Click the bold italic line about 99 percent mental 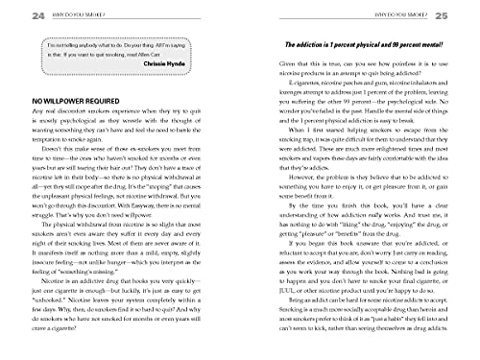pos(355,47)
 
